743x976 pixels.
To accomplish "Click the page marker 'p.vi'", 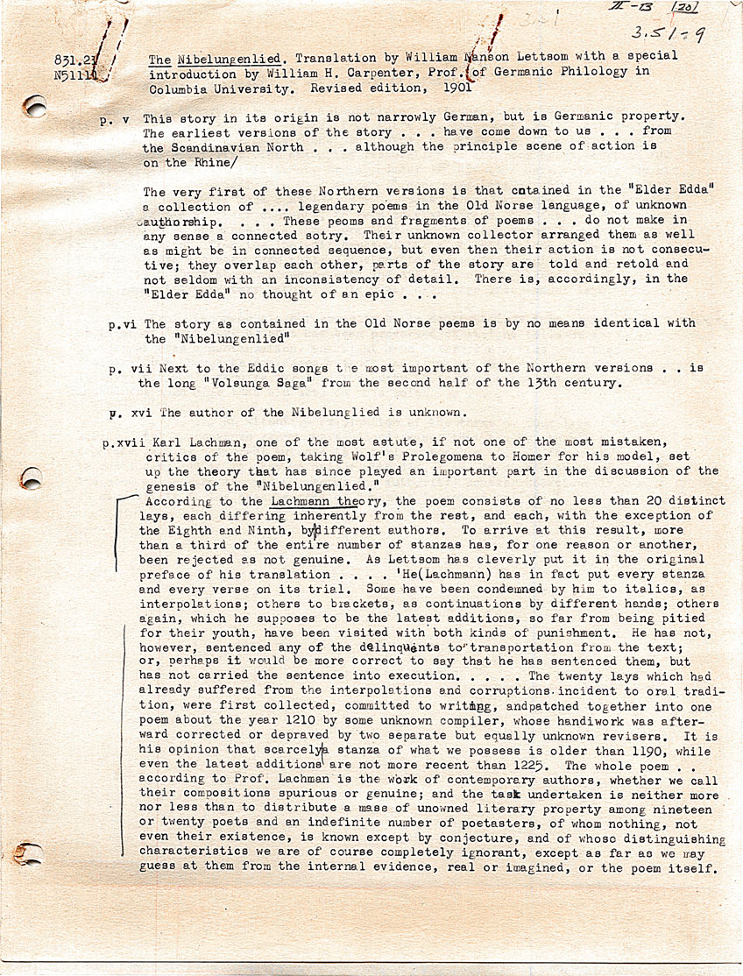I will point(123,324).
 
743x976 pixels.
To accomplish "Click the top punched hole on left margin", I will point(35,108).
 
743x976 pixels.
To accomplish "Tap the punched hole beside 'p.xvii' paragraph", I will point(32,477).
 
